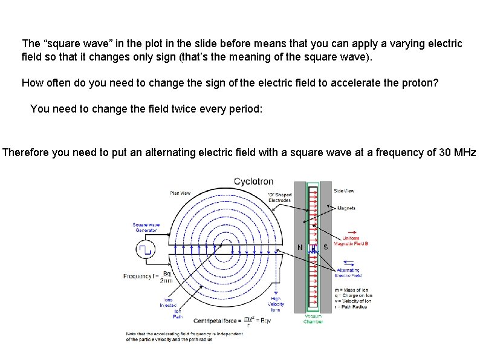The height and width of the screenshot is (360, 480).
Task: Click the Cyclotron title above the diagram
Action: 253,181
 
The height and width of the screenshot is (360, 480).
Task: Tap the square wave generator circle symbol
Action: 145,248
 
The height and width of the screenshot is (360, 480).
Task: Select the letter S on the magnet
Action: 325,247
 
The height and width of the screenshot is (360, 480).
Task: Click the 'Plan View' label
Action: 180,193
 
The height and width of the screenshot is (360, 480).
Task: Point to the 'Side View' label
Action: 344,191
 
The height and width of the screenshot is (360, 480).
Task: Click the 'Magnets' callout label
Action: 346,208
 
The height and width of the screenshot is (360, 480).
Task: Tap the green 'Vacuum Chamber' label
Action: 313,319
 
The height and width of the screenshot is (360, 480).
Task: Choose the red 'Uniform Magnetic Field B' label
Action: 355,241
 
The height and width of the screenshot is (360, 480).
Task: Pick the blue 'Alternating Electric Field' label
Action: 348,272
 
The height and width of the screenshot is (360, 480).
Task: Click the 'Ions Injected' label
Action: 168,303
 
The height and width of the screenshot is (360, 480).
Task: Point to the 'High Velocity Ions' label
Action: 276,304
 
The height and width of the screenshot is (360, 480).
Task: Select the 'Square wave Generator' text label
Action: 145,227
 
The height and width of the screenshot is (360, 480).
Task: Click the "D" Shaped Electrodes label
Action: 279,197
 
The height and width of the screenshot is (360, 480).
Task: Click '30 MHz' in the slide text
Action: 456,152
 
